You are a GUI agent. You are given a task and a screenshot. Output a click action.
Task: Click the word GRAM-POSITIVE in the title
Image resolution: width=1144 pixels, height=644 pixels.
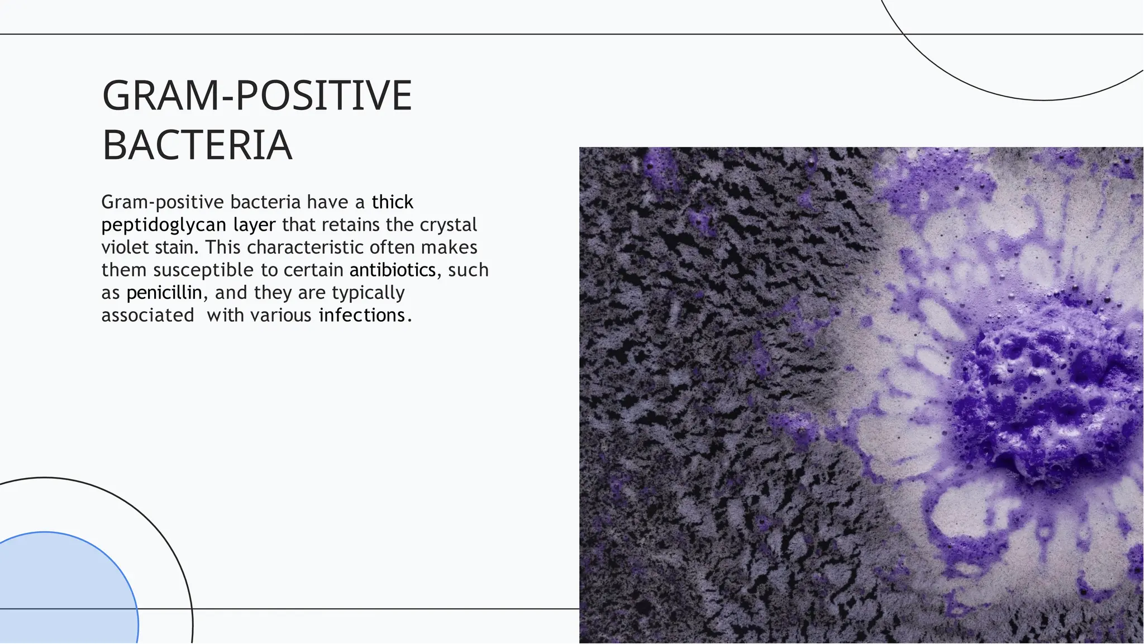click(257, 96)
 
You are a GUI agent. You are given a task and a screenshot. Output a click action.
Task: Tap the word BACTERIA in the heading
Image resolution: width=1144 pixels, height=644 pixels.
click(197, 145)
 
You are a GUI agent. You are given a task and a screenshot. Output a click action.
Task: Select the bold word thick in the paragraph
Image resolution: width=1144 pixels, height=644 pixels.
click(392, 202)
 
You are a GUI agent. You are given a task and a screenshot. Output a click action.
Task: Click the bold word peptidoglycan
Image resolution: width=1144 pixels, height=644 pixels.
click(164, 225)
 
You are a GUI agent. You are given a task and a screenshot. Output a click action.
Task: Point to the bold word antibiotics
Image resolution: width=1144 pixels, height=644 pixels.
click(392, 270)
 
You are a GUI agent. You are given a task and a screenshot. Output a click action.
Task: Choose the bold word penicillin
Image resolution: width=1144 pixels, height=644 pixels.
click(164, 293)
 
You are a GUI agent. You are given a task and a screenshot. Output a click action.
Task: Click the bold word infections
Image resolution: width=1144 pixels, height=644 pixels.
click(362, 316)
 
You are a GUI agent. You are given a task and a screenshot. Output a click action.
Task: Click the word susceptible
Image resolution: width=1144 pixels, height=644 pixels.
click(203, 270)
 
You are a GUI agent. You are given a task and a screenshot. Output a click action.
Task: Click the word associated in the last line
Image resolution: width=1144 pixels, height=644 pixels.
click(147, 316)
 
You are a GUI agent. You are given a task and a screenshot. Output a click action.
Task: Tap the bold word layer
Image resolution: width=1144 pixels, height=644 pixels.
click(254, 225)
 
